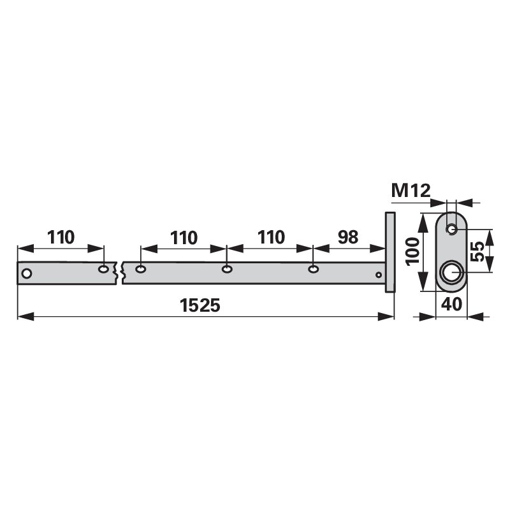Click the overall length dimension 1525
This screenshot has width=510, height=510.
click(x=200, y=306)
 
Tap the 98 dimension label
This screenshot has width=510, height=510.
click(x=348, y=237)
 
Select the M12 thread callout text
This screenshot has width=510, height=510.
click(x=411, y=191)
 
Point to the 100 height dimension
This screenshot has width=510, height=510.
click(x=413, y=252)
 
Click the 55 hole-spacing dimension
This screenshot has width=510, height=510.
click(x=477, y=251)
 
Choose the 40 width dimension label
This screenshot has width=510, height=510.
click(x=451, y=304)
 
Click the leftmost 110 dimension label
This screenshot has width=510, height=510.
click(x=61, y=237)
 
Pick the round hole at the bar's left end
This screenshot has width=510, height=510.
click(x=26, y=273)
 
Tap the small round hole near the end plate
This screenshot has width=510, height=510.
click(x=379, y=275)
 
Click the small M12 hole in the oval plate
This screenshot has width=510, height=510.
click(x=451, y=229)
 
